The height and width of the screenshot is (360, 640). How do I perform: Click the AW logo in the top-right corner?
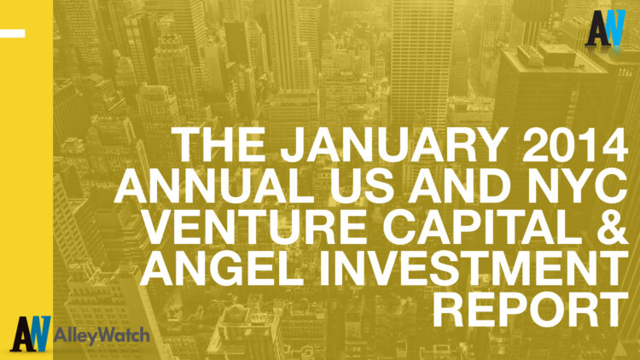coord(608,28)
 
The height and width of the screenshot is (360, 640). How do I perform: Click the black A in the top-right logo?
coord(597,28)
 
